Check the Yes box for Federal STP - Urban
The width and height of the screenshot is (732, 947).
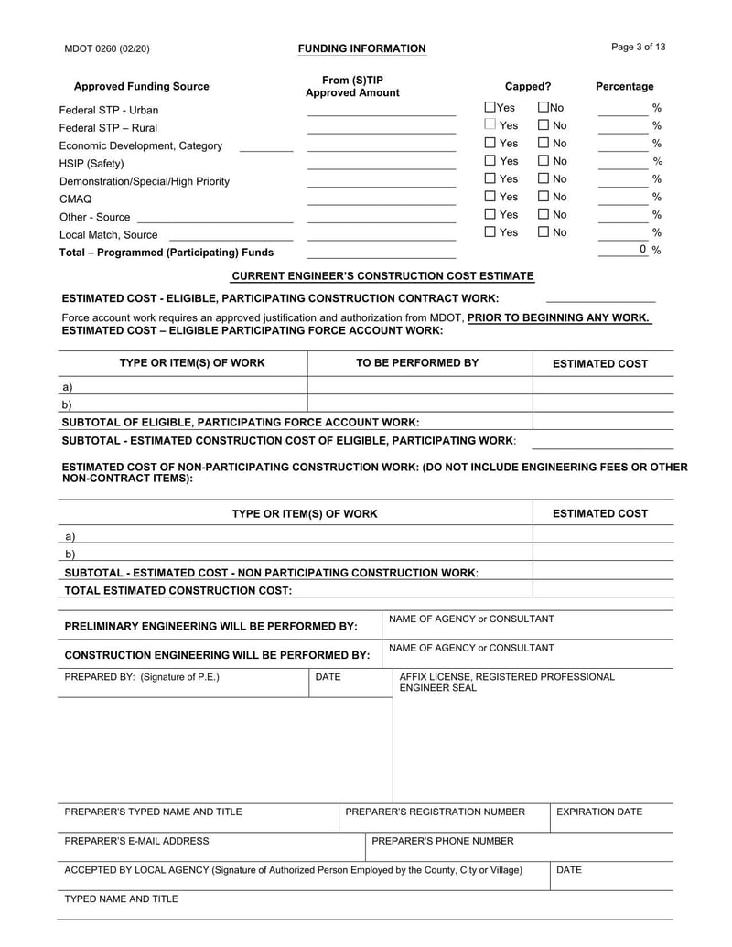pyautogui.click(x=490, y=108)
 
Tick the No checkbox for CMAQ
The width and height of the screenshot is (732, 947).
pyautogui.click(x=544, y=197)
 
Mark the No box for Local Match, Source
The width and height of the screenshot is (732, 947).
pyautogui.click(x=544, y=232)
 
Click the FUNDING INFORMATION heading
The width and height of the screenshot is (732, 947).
pyautogui.click(x=361, y=48)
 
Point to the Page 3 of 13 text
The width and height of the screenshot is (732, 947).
pyautogui.click(x=638, y=47)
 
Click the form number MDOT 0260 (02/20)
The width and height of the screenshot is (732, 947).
pyautogui.click(x=107, y=48)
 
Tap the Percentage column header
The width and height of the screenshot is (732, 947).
pyautogui.click(x=624, y=87)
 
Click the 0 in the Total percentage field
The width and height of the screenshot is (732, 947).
pyautogui.click(x=643, y=249)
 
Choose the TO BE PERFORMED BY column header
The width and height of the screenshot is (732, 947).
pyautogui.click(x=417, y=363)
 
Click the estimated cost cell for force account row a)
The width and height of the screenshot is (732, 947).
pyautogui.click(x=602, y=386)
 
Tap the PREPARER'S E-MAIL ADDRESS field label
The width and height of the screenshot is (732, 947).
pyautogui.click(x=136, y=841)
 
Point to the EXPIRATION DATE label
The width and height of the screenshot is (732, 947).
pyautogui.click(x=599, y=812)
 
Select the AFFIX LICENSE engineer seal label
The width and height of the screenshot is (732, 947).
pyautogui.click(x=507, y=682)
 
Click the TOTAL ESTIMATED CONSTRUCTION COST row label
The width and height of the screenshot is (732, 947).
pyautogui.click(x=178, y=590)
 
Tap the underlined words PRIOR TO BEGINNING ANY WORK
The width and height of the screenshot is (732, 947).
pyautogui.click(x=558, y=317)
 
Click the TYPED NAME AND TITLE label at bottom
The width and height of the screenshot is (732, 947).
pyautogui.click(x=121, y=899)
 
